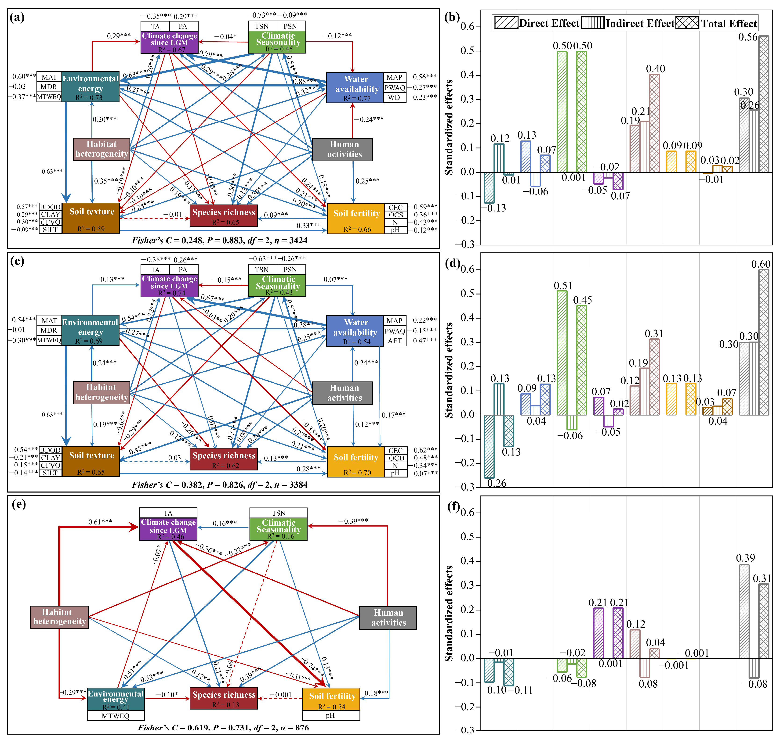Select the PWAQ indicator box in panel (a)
395,87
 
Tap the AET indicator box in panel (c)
395,341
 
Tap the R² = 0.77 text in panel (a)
357,98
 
